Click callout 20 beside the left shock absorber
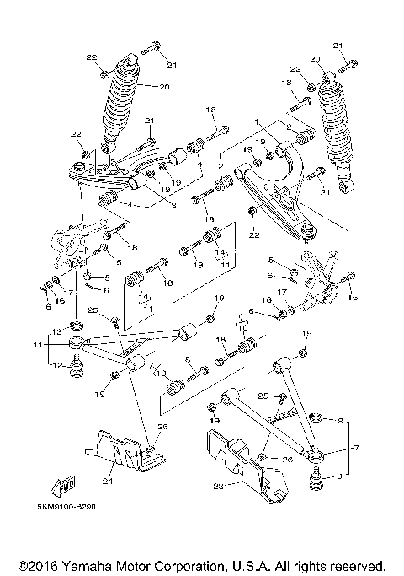click(x=163, y=86)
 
